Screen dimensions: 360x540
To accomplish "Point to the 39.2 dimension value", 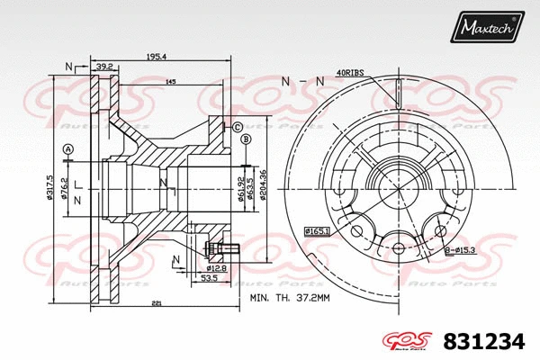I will click(103, 67).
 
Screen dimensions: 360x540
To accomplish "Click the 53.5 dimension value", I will click(209, 279).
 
